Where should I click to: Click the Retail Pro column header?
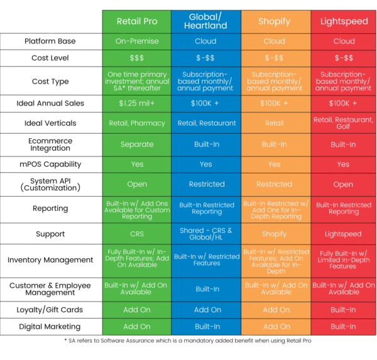pyautogui.click(x=137, y=21)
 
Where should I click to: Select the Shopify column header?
pyautogui.click(x=275, y=21)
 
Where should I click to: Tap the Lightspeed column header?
pyautogui.click(x=344, y=21)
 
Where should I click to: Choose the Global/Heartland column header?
pyautogui.click(x=206, y=21)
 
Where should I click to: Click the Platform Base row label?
pyautogui.click(x=50, y=41)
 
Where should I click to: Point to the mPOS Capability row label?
pyautogui.click(x=50, y=165)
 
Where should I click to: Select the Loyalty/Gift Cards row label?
pyautogui.click(x=50, y=310)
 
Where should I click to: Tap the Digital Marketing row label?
pyautogui.click(x=50, y=327)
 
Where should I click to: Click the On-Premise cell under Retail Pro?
pyautogui.click(x=137, y=41)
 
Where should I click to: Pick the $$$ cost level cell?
pyautogui.click(x=137, y=58)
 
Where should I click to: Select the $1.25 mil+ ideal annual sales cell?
pyautogui.click(x=137, y=103)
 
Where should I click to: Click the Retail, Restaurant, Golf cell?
pyautogui.click(x=344, y=123)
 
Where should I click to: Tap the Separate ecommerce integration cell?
pyautogui.click(x=137, y=145)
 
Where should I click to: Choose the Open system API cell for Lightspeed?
pyautogui.click(x=344, y=185)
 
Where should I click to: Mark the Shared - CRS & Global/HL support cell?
pyautogui.click(x=206, y=234)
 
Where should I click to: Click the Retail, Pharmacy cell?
pyautogui.click(x=137, y=123)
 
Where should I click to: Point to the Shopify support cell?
pyautogui.click(x=275, y=234)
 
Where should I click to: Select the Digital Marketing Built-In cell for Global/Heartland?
pyautogui.click(x=206, y=327)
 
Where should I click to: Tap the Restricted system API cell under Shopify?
pyautogui.click(x=275, y=185)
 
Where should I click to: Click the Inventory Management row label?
pyautogui.click(x=50, y=260)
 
